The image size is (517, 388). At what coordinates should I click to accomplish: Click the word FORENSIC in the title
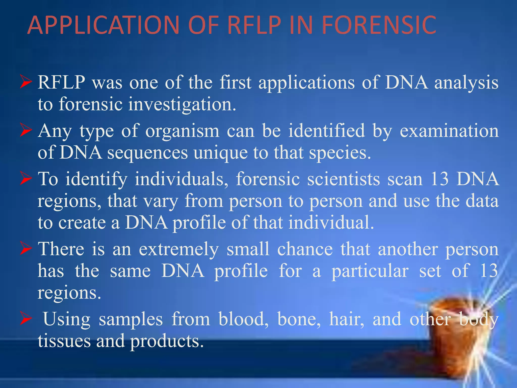pos(379,25)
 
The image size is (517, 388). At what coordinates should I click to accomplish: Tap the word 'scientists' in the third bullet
pos(343,179)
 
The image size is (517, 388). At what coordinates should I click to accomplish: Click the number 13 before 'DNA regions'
pos(440,179)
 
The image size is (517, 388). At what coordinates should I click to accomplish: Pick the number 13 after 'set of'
pos(489,271)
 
